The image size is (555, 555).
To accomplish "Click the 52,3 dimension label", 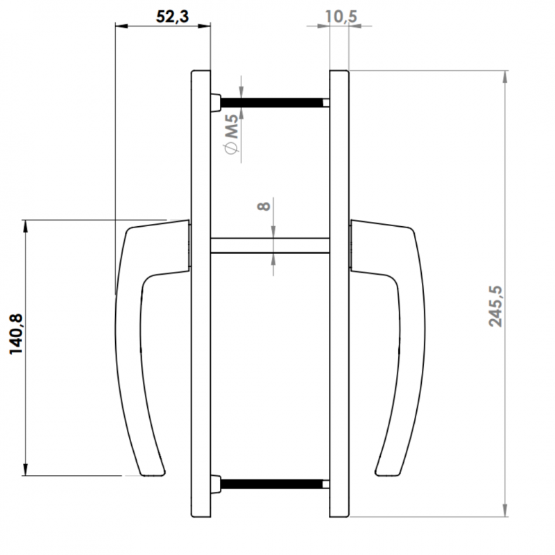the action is tap(172, 17).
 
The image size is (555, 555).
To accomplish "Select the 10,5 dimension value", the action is tap(341, 17).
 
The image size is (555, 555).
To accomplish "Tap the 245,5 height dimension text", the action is tap(495, 306).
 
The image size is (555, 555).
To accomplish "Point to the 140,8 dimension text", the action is tap(16, 334).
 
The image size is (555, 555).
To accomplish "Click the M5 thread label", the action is tap(232, 127).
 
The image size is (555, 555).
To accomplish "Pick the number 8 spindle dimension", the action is tap(264, 206).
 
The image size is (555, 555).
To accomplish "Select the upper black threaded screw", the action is tap(272, 103).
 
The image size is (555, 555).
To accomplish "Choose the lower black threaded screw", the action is tap(272, 484).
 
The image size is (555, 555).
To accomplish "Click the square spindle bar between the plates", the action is tap(270, 246).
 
